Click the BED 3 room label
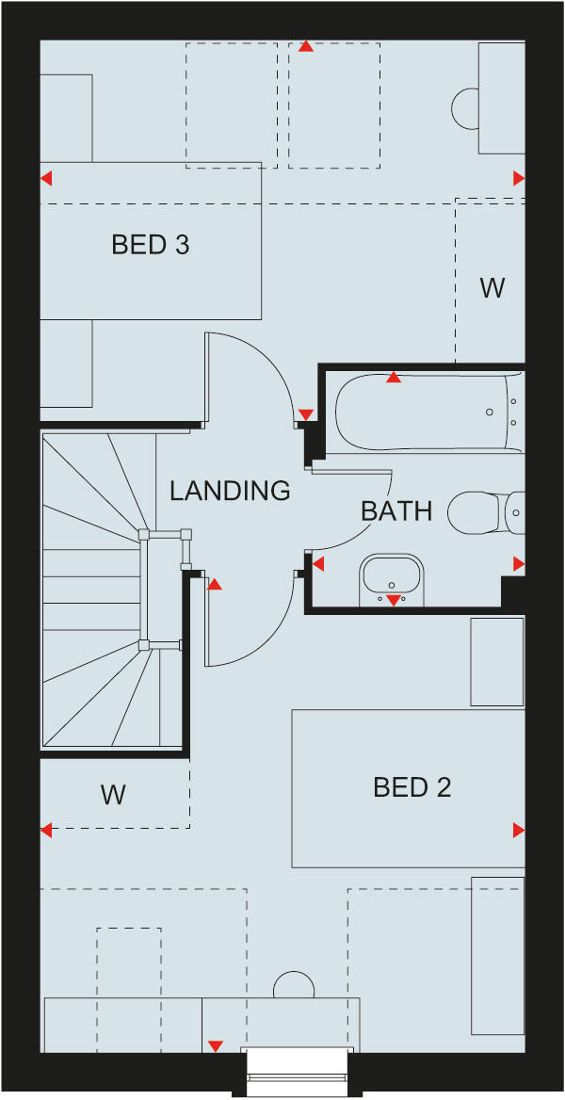pos(150,245)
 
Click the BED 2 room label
pos(412,787)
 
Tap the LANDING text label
pos(230,491)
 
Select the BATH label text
pos(396,511)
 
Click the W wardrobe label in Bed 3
pos(492,288)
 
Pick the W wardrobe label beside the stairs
pos(113,795)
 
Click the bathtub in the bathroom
pos(424,412)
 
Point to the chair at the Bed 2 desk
pos(294,986)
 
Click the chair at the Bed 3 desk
pos(465,108)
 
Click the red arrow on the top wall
pos(305,45)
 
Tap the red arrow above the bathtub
pos(394,378)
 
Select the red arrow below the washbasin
pos(394,600)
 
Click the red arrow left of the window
pos(216,1045)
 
